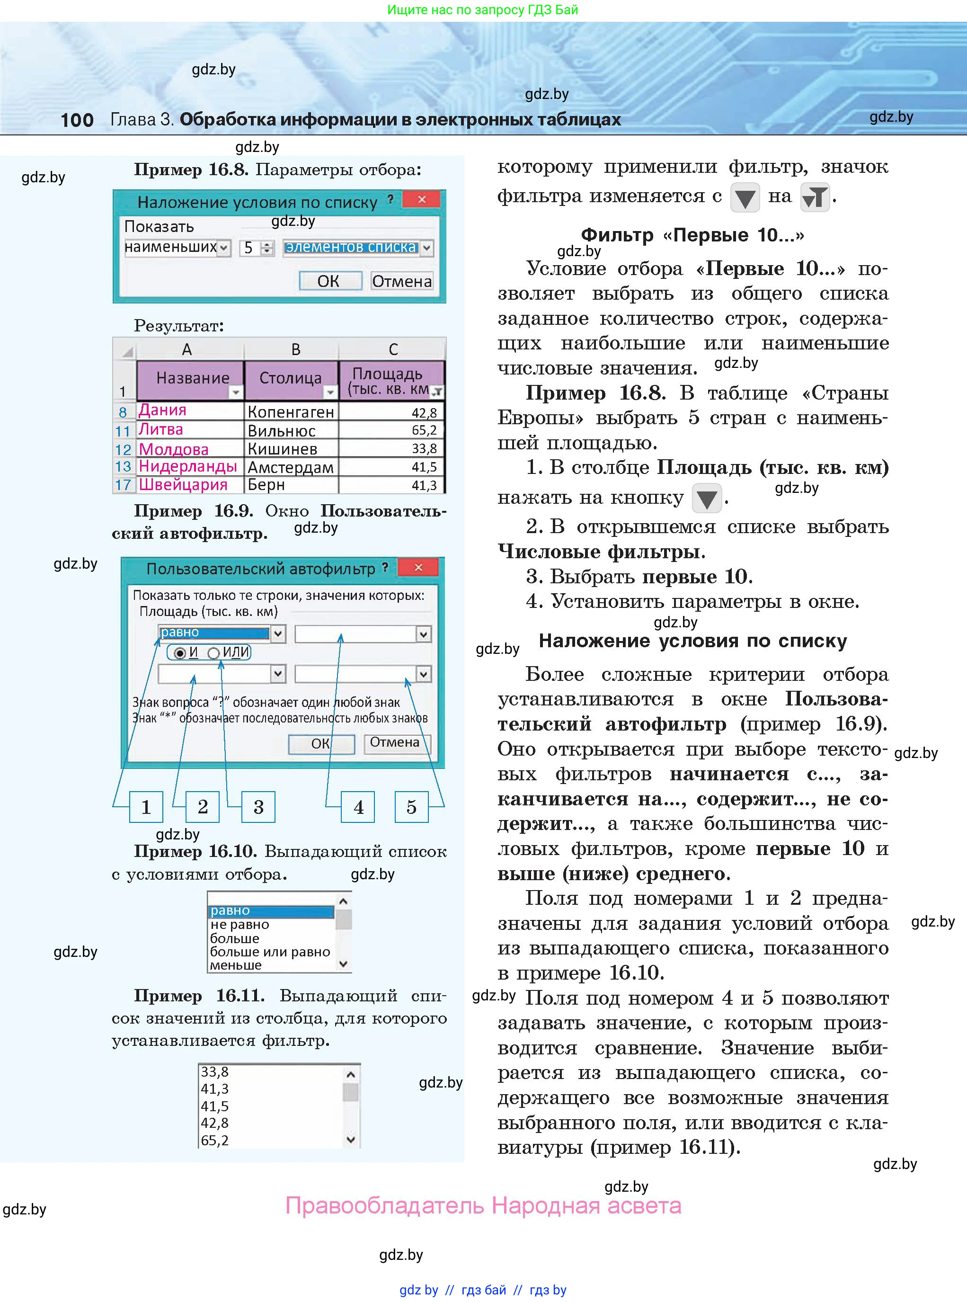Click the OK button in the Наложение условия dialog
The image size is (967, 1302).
pyautogui.click(x=328, y=281)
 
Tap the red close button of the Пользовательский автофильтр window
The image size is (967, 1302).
pyautogui.click(x=418, y=567)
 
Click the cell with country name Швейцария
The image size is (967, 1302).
pyautogui.click(x=183, y=485)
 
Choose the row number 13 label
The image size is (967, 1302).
pyautogui.click(x=123, y=466)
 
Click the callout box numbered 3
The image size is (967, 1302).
pyautogui.click(x=258, y=807)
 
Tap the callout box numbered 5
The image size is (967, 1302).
pyautogui.click(x=411, y=807)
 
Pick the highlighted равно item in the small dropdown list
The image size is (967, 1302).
pyautogui.click(x=271, y=911)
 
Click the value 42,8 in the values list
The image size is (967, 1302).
pyautogui.click(x=215, y=1123)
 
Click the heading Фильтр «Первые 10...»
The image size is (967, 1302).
pyautogui.click(x=692, y=235)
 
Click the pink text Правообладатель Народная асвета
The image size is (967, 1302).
pyautogui.click(x=483, y=1206)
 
